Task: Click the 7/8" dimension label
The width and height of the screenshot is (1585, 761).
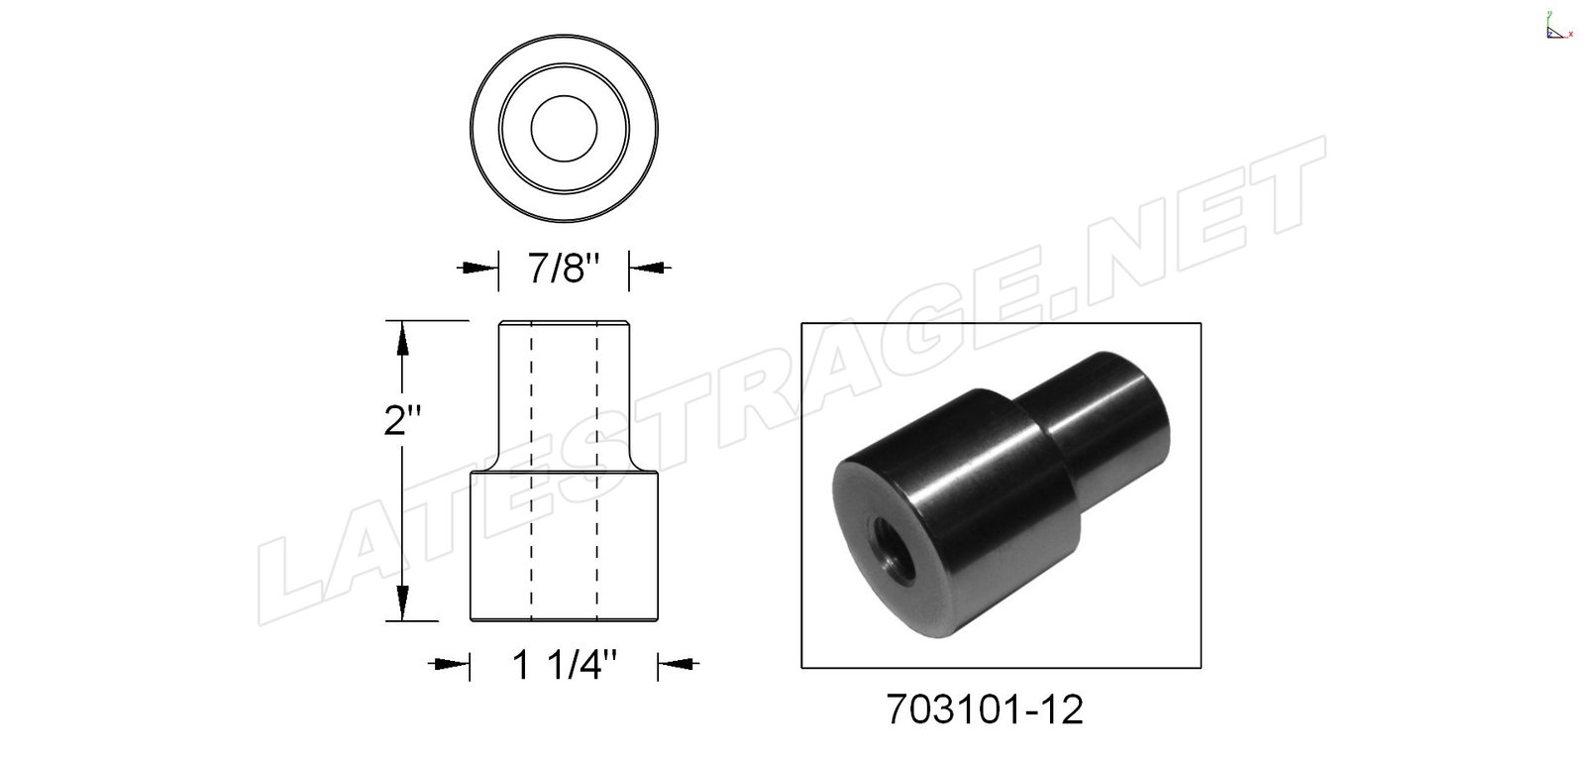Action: point(564,269)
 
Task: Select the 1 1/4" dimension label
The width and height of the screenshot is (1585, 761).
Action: point(564,666)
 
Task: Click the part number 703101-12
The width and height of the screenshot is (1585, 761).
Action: point(985,709)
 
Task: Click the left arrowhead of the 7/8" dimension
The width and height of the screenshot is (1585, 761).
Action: point(480,268)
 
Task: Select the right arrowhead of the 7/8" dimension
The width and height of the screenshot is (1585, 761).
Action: point(647,268)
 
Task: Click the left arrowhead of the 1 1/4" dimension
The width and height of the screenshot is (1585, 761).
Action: point(452,663)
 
